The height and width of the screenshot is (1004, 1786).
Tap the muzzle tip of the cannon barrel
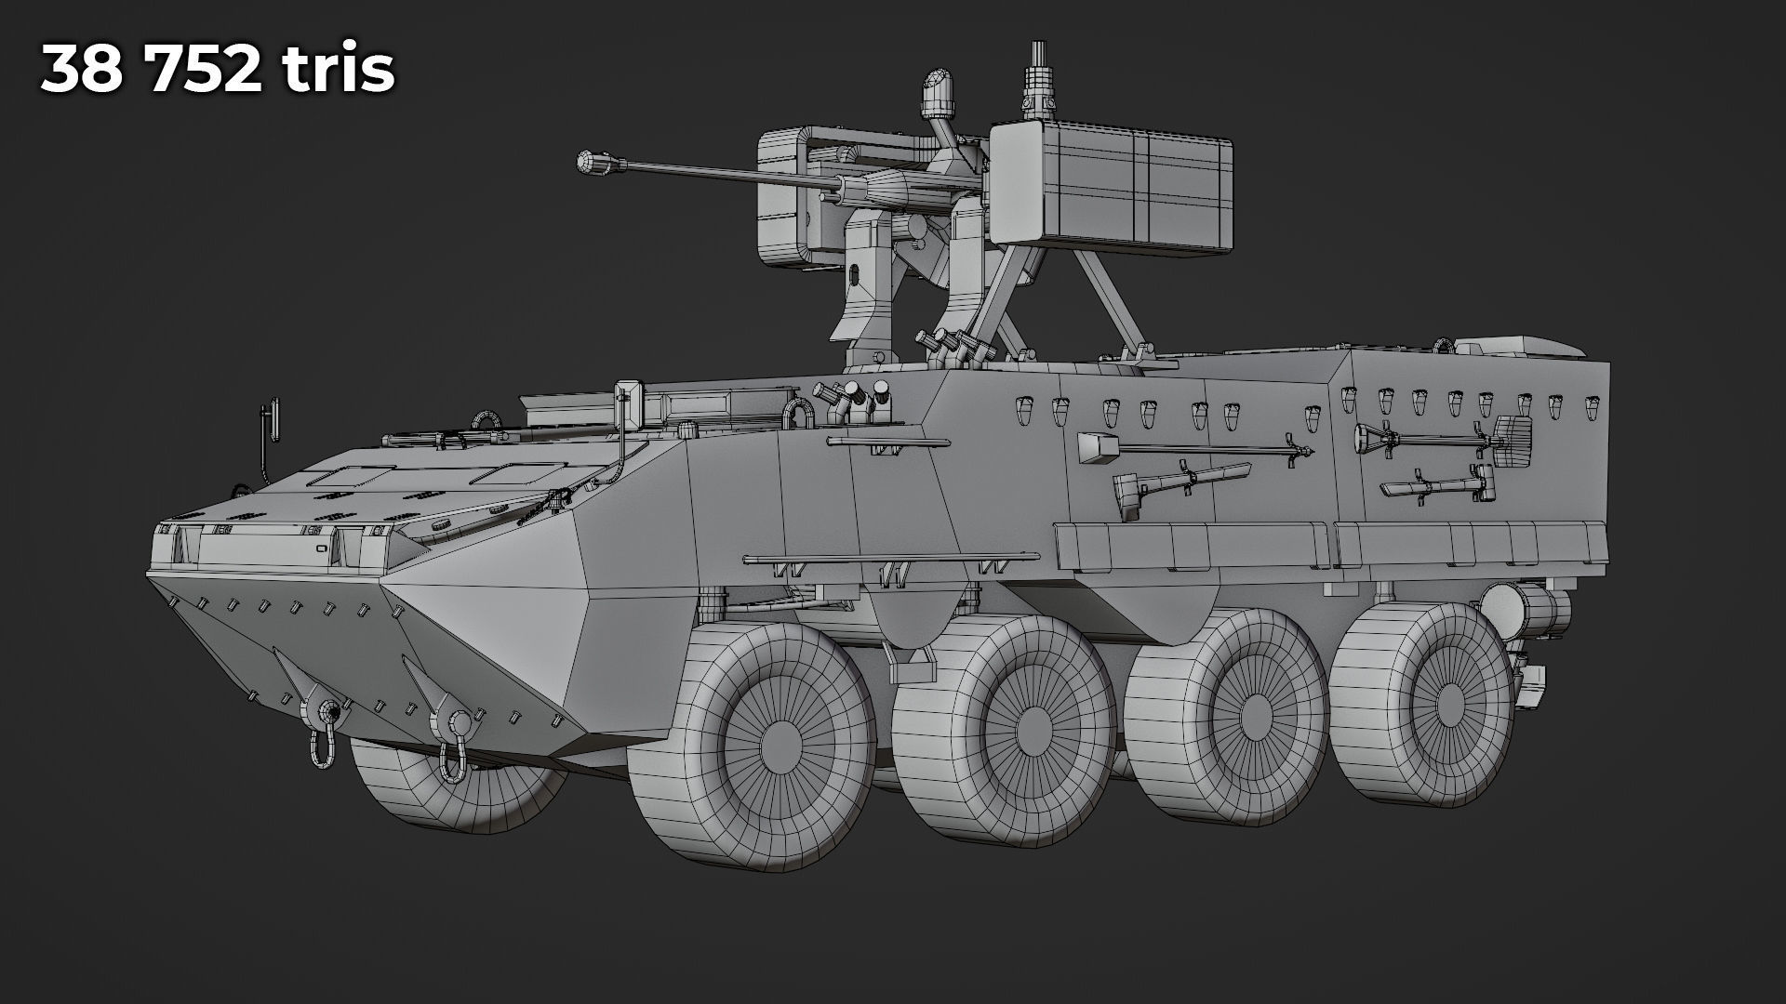(587, 162)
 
